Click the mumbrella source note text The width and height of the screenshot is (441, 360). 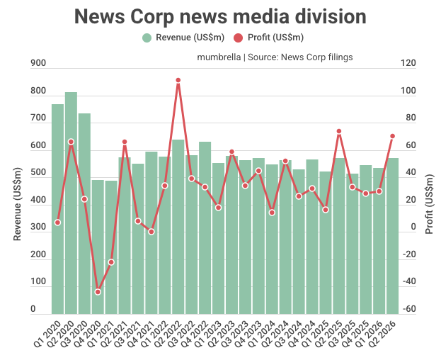tap(275, 57)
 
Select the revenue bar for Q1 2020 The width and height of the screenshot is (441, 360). tap(57, 209)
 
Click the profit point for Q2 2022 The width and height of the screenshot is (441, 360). tap(178, 80)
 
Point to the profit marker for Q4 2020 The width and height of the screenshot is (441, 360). tap(98, 292)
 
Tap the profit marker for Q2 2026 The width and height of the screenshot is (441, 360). tap(392, 136)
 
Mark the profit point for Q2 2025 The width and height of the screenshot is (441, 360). tap(339, 131)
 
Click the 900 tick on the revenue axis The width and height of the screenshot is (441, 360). tap(38, 64)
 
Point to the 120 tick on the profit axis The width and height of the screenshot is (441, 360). tap(408, 64)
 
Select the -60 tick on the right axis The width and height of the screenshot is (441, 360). tap(408, 310)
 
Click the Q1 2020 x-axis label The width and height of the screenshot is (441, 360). tap(50, 333)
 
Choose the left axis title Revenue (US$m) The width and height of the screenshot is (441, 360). tap(18, 203)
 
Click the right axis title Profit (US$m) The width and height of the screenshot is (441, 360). tap(429, 203)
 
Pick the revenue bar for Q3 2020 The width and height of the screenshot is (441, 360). tap(84, 213)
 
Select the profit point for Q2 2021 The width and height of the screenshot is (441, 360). tap(125, 142)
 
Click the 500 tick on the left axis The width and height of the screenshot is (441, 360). tap(38, 173)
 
